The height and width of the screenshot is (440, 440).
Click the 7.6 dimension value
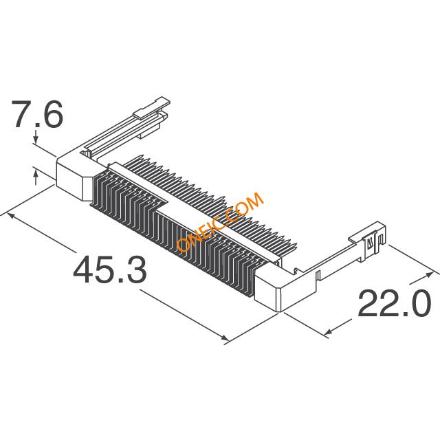click(x=36, y=114)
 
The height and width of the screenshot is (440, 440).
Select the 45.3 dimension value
click(x=110, y=269)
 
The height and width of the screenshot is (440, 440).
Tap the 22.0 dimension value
click(x=393, y=303)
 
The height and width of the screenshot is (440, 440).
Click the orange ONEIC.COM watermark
click(x=220, y=222)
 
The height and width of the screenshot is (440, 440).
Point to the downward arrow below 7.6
click(x=36, y=136)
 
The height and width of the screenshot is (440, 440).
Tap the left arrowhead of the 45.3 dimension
click(x=10, y=215)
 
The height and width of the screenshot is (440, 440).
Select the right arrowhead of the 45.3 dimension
click(x=225, y=338)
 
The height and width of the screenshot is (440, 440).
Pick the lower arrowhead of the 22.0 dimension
click(x=329, y=332)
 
